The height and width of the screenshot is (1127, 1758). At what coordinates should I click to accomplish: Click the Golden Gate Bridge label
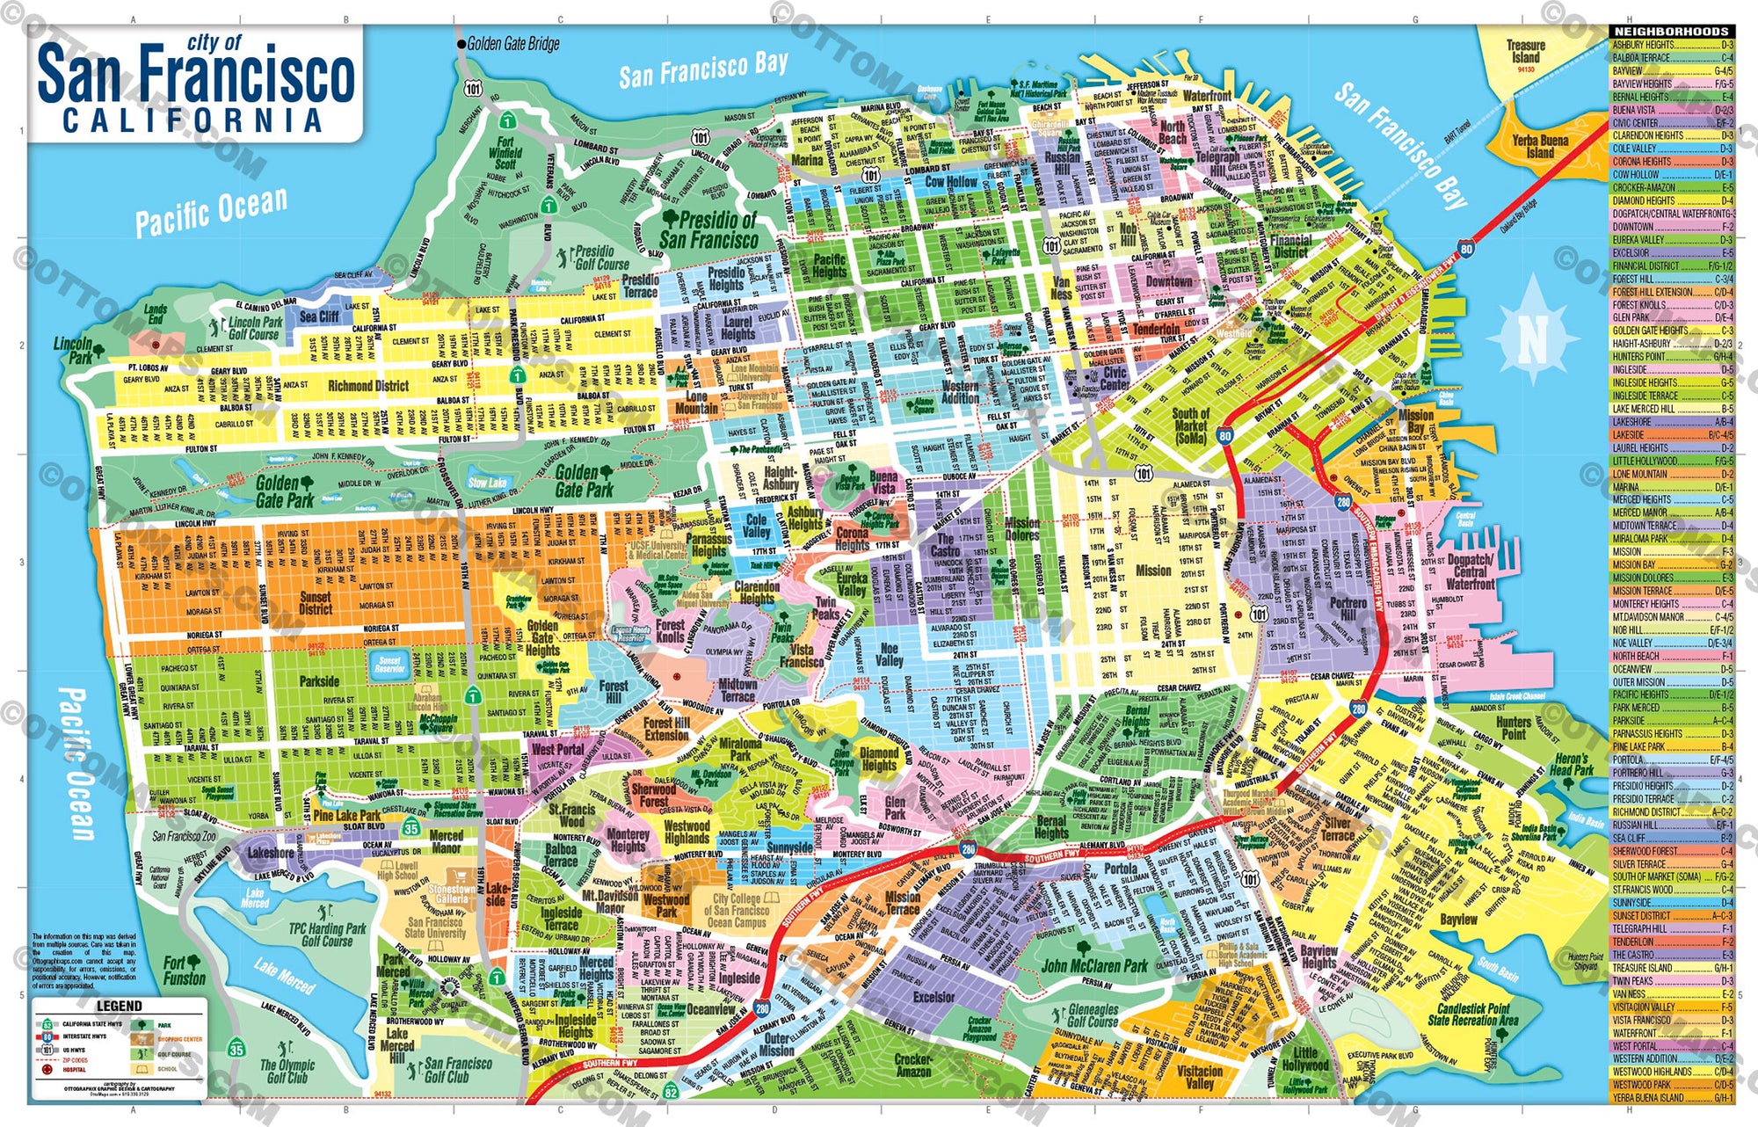pos(512,43)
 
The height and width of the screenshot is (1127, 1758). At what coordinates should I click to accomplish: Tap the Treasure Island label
pos(1525,51)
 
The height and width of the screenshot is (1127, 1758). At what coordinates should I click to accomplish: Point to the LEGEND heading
pos(119,1006)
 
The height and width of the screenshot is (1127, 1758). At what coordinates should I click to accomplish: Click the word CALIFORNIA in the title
pos(193,120)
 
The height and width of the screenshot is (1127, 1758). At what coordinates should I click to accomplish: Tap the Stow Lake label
pos(487,482)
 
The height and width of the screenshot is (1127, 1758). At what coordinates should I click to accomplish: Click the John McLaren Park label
pos(1094,965)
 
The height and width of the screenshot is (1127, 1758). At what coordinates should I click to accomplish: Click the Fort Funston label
pos(184,970)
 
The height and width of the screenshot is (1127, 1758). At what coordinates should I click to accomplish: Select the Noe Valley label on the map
pos(890,654)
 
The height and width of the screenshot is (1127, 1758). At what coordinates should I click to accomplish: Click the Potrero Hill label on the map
pos(1348,608)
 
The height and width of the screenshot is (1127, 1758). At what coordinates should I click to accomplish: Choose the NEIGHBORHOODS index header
pos(1670,31)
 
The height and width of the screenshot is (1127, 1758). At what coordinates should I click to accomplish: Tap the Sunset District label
pos(316,602)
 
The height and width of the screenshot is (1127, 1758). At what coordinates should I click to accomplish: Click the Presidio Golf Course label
pos(601,258)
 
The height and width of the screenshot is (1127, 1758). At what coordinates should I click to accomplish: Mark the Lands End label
pos(156,314)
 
